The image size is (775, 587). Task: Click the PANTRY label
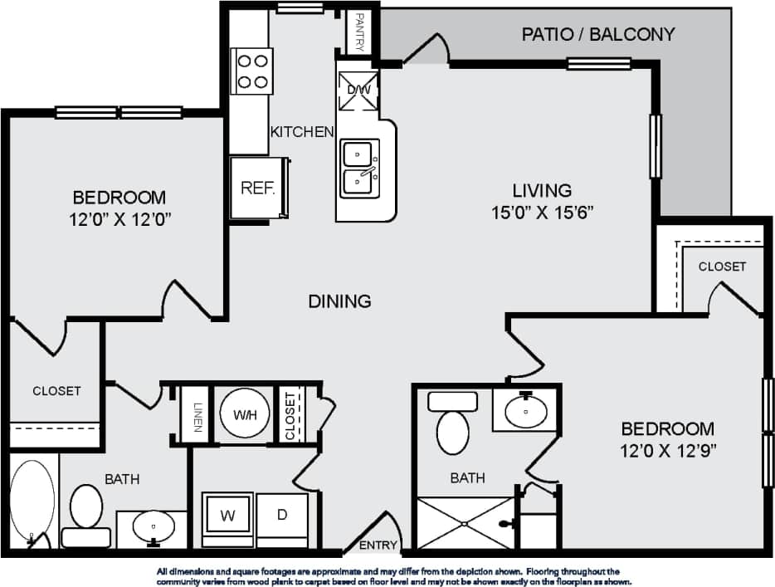click(x=360, y=32)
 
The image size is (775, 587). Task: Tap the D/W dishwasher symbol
click(x=358, y=90)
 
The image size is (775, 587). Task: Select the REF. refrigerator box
click(x=258, y=188)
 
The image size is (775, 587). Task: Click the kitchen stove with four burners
click(x=254, y=70)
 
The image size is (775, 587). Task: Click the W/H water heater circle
click(x=245, y=413)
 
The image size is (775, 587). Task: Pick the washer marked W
click(x=227, y=516)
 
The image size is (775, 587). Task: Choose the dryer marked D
click(x=282, y=516)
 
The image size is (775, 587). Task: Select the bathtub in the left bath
click(x=33, y=502)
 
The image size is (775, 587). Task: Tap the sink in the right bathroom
click(x=526, y=409)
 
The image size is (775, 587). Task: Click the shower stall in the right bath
click(x=465, y=523)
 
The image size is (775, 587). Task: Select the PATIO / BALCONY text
click(x=597, y=34)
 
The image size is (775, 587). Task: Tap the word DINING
click(x=339, y=301)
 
